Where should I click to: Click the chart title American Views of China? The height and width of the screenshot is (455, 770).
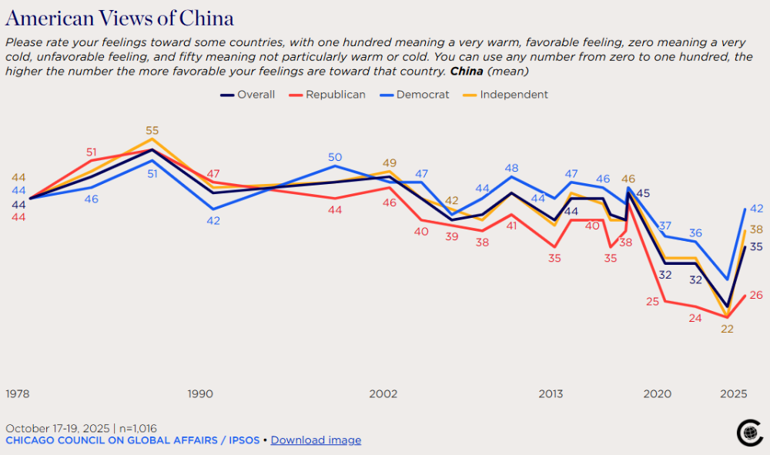pos(120,18)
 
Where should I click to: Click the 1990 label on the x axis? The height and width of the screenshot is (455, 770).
pos(199,394)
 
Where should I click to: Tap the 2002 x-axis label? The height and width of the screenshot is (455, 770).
pos(383,394)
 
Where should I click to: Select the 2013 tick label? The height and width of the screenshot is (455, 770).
pos(551,394)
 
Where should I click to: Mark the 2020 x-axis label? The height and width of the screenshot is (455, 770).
pos(657,394)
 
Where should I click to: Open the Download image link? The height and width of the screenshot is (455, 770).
pos(316,440)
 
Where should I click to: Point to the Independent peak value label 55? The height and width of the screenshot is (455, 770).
pos(152,131)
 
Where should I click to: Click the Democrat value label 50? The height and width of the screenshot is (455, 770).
pos(335,157)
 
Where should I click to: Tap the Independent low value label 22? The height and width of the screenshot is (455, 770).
pos(727,329)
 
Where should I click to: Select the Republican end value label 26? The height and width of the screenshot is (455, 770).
pos(756,295)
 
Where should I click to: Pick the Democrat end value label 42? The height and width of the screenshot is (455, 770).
pos(756,209)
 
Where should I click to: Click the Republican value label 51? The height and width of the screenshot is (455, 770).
pos(92,152)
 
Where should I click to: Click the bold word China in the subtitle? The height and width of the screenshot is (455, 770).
pos(467,72)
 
